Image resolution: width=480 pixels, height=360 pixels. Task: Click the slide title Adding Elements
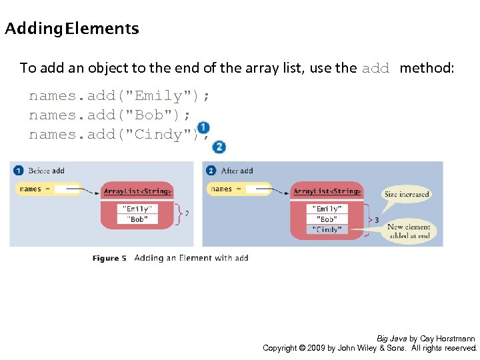72,29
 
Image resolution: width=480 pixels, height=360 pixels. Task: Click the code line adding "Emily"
119,96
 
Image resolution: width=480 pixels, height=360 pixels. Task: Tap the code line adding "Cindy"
115,135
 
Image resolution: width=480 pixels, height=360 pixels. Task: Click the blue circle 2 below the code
219,147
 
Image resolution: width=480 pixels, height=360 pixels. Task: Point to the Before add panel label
46,171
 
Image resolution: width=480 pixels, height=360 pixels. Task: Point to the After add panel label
237,171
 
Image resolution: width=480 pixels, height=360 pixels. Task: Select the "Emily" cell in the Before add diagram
137,209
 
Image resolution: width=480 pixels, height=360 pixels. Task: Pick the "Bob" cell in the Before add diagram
137,219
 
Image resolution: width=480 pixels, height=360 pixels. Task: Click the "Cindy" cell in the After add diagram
327,229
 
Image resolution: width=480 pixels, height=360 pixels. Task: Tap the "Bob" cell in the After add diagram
327,219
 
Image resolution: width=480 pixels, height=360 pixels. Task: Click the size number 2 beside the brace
186,214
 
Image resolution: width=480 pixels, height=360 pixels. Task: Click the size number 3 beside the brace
377,219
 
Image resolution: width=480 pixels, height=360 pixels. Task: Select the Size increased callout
407,194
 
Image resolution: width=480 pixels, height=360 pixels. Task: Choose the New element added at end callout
408,231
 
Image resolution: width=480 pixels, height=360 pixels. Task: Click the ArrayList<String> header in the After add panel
327,191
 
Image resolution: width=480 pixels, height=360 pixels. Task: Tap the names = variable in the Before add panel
31,189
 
